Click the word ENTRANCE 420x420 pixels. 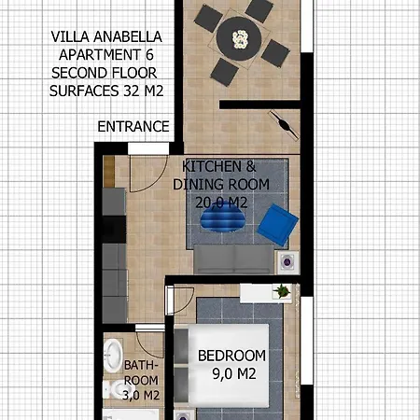(x=133, y=126)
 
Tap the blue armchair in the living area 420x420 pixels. (x=277, y=225)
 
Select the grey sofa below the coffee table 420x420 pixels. (x=233, y=257)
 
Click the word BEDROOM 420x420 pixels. (x=231, y=356)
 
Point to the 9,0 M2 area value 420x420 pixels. (x=232, y=375)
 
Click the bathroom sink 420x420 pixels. (x=113, y=356)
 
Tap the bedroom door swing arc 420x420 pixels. (x=181, y=301)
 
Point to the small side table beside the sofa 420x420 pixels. (x=287, y=260)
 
